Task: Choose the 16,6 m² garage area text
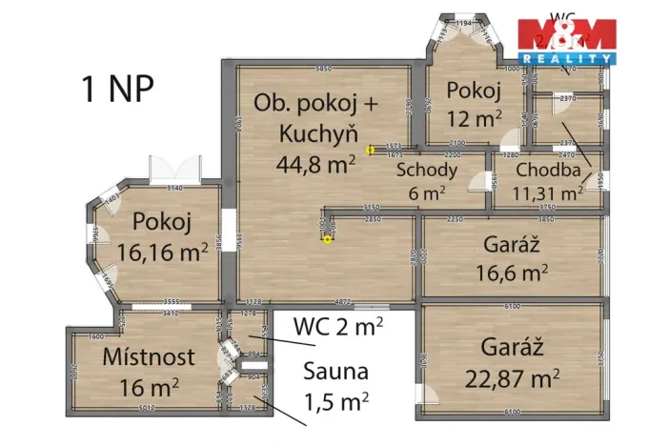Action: (512, 274)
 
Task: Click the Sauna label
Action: (335, 372)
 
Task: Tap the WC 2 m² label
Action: (338, 326)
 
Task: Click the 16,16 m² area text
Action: (162, 253)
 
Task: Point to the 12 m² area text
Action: (475, 119)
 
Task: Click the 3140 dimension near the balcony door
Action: (173, 188)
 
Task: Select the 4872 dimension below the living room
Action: (343, 302)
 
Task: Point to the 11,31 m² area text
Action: (547, 193)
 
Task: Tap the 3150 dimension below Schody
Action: (371, 207)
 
